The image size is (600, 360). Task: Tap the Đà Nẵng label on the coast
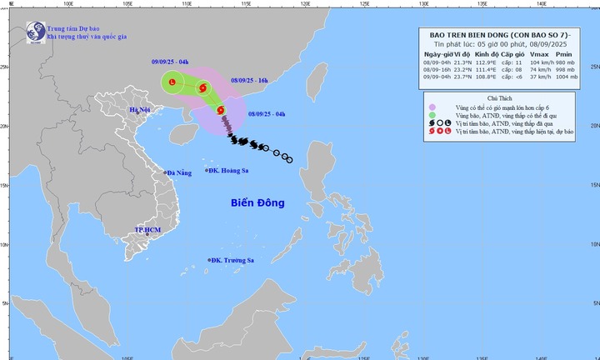pyautogui.click(x=179, y=172)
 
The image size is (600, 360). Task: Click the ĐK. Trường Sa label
pyautogui.click(x=232, y=261)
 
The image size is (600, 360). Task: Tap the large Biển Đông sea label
pyautogui.click(x=257, y=202)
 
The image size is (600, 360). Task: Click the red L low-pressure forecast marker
pyautogui.click(x=172, y=82)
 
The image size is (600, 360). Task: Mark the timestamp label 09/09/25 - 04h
pyautogui.click(x=171, y=62)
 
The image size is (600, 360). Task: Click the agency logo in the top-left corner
pyautogui.click(x=35, y=32)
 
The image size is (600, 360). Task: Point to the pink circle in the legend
pyautogui.click(x=432, y=107)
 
